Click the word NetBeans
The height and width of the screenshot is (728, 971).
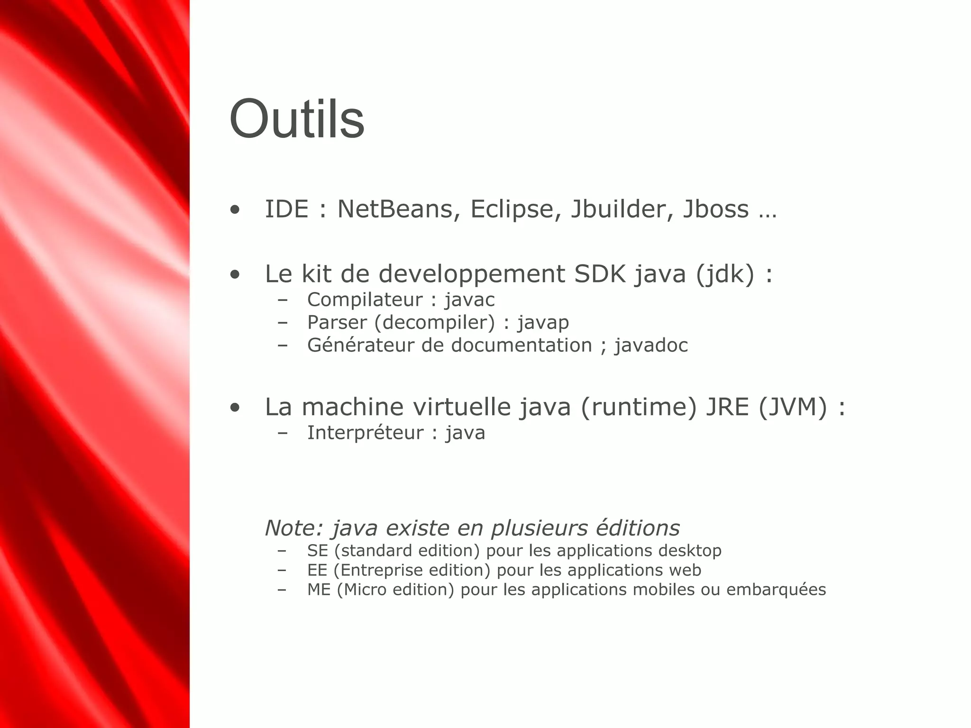pyautogui.click(x=394, y=209)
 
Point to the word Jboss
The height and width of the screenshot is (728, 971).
pyautogui.click(x=716, y=209)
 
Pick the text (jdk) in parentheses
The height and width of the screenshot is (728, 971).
pyautogui.click(x=725, y=274)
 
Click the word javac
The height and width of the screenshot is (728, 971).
pyautogui.click(x=469, y=300)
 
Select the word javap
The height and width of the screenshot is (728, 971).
pyautogui.click(x=543, y=323)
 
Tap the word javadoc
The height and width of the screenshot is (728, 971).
pyautogui.click(x=651, y=346)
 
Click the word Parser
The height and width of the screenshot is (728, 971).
pyautogui.click(x=337, y=323)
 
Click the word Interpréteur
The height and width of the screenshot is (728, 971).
pyautogui.click(x=365, y=433)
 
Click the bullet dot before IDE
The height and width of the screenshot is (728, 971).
pyautogui.click(x=235, y=210)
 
